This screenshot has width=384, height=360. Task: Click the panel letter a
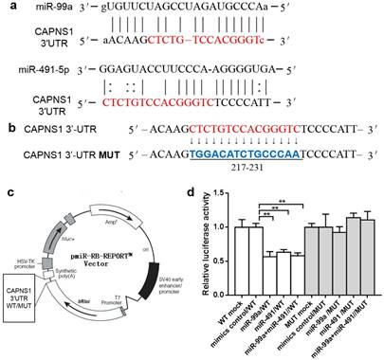tap(7, 8)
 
